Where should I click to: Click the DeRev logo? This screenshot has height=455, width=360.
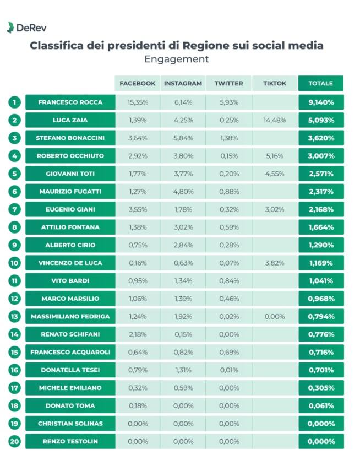(x=26, y=28)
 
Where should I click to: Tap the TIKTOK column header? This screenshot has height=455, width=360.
(x=275, y=83)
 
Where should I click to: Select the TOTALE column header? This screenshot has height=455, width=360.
(x=320, y=83)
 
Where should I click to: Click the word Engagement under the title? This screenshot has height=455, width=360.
(x=176, y=59)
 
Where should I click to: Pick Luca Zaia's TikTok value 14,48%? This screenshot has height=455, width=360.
(x=275, y=120)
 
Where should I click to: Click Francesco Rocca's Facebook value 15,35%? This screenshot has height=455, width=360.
(x=138, y=102)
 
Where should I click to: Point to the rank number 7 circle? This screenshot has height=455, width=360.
(x=14, y=209)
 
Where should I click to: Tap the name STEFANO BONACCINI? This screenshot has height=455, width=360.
(x=70, y=138)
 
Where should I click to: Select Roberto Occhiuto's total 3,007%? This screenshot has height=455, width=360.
(x=321, y=156)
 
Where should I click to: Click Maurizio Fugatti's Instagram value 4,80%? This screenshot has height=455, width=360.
(x=183, y=192)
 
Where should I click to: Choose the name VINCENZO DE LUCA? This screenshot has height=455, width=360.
(x=70, y=263)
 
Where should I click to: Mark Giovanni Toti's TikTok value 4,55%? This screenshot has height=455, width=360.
(x=275, y=174)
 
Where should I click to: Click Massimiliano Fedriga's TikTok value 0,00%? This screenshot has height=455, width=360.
(x=275, y=316)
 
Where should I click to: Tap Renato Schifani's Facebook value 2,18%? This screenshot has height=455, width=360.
(x=138, y=334)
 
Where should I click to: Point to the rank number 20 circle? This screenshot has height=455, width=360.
(x=14, y=441)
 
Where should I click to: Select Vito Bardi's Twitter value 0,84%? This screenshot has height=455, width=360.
(x=229, y=280)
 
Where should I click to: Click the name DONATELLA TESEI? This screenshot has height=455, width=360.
(x=70, y=370)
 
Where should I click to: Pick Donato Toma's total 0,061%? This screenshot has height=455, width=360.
(x=321, y=405)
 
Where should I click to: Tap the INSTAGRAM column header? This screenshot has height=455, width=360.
(x=183, y=83)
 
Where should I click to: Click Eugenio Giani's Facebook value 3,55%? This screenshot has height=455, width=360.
(x=138, y=209)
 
